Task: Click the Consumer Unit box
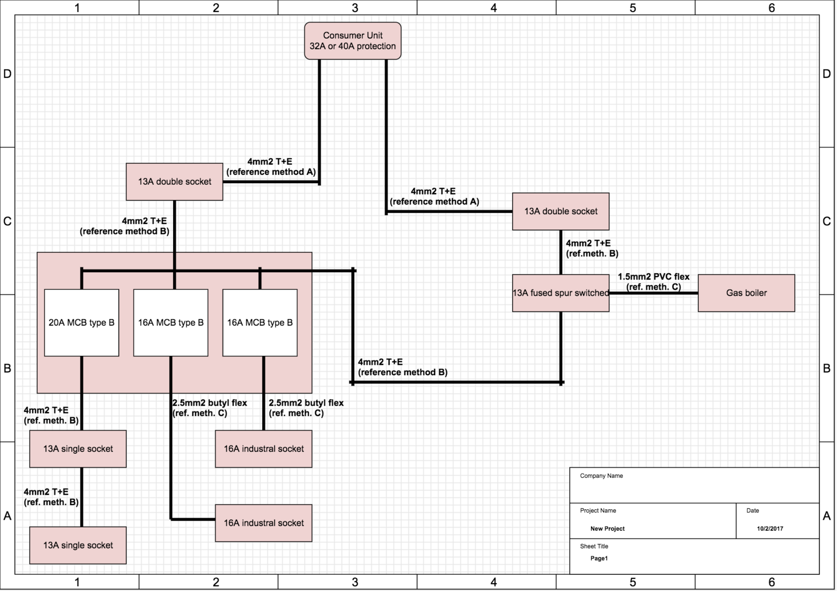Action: (353, 41)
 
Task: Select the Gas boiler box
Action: (746, 293)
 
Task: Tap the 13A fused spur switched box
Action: (560, 293)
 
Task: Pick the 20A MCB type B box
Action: (82, 322)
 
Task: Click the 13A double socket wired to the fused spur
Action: (560, 211)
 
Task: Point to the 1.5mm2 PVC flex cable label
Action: (653, 282)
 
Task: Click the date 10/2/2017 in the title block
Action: (770, 529)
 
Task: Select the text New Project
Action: (607, 529)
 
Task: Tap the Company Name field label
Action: (601, 476)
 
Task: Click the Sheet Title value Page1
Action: (599, 558)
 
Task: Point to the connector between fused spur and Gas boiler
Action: (653, 293)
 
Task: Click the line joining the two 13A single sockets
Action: (82, 497)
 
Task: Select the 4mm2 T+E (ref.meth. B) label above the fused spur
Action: (592, 248)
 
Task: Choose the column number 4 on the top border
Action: (494, 7)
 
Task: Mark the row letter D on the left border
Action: (7, 74)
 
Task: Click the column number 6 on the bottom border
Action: (772, 582)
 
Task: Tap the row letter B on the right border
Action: (827, 368)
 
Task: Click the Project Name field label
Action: (598, 510)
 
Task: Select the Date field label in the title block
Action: (753, 510)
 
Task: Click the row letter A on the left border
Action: (7, 516)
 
